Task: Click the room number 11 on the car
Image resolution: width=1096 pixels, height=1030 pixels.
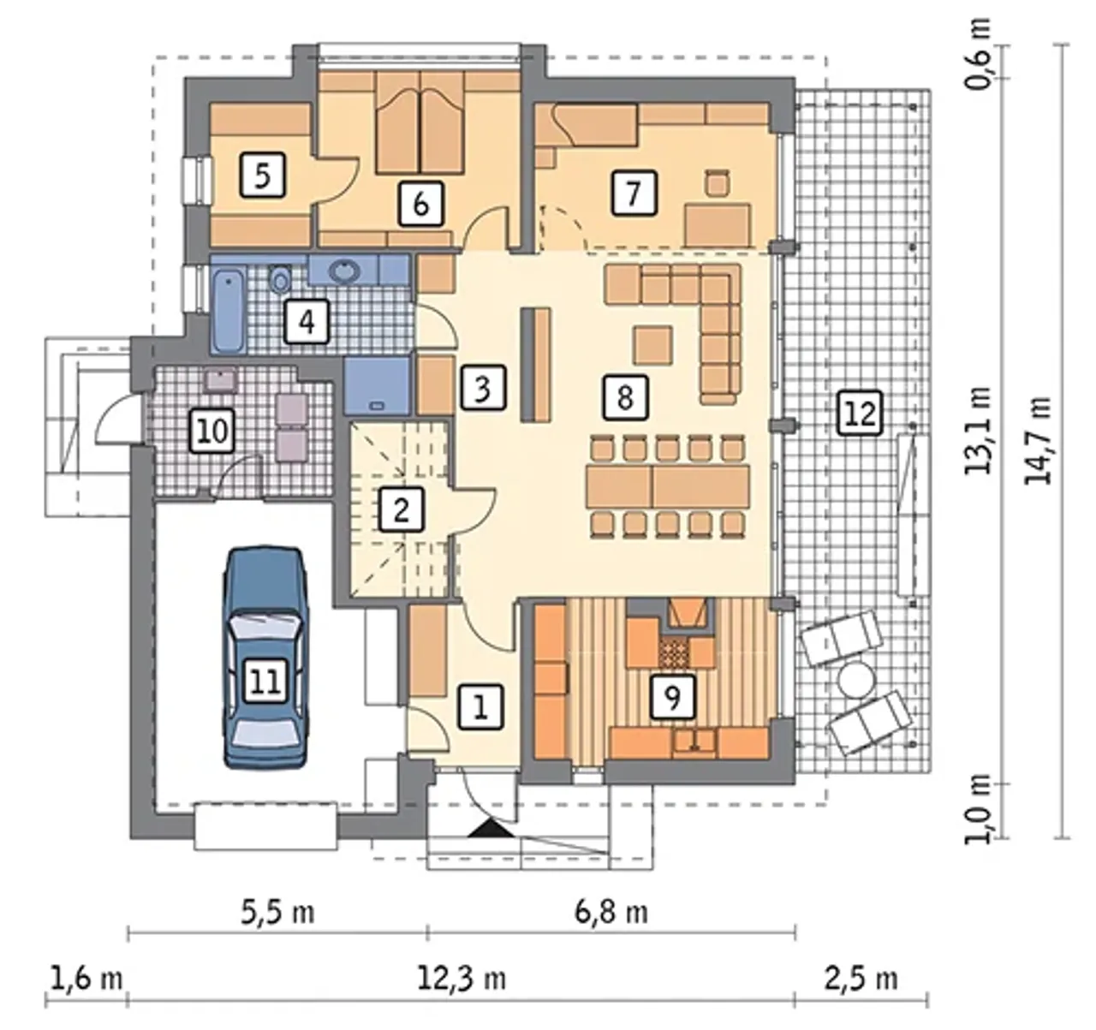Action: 265,681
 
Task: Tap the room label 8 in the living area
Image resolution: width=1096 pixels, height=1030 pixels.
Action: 625,397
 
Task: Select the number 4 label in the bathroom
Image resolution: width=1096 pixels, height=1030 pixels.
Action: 307,321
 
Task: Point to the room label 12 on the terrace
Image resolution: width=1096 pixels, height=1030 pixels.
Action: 861,413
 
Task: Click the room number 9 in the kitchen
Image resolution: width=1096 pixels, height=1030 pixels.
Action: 672,697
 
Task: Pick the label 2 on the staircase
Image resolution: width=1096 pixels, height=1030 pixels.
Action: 402,509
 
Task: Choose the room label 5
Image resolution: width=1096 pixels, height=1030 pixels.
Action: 263,175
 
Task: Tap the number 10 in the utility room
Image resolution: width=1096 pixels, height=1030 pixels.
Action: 212,431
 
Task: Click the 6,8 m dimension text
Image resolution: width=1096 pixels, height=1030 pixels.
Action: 611,913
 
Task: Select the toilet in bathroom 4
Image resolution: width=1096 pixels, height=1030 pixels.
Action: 281,279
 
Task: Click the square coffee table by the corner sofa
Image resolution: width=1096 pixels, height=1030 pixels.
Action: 652,345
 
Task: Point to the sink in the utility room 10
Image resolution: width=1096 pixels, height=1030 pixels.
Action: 221,380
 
